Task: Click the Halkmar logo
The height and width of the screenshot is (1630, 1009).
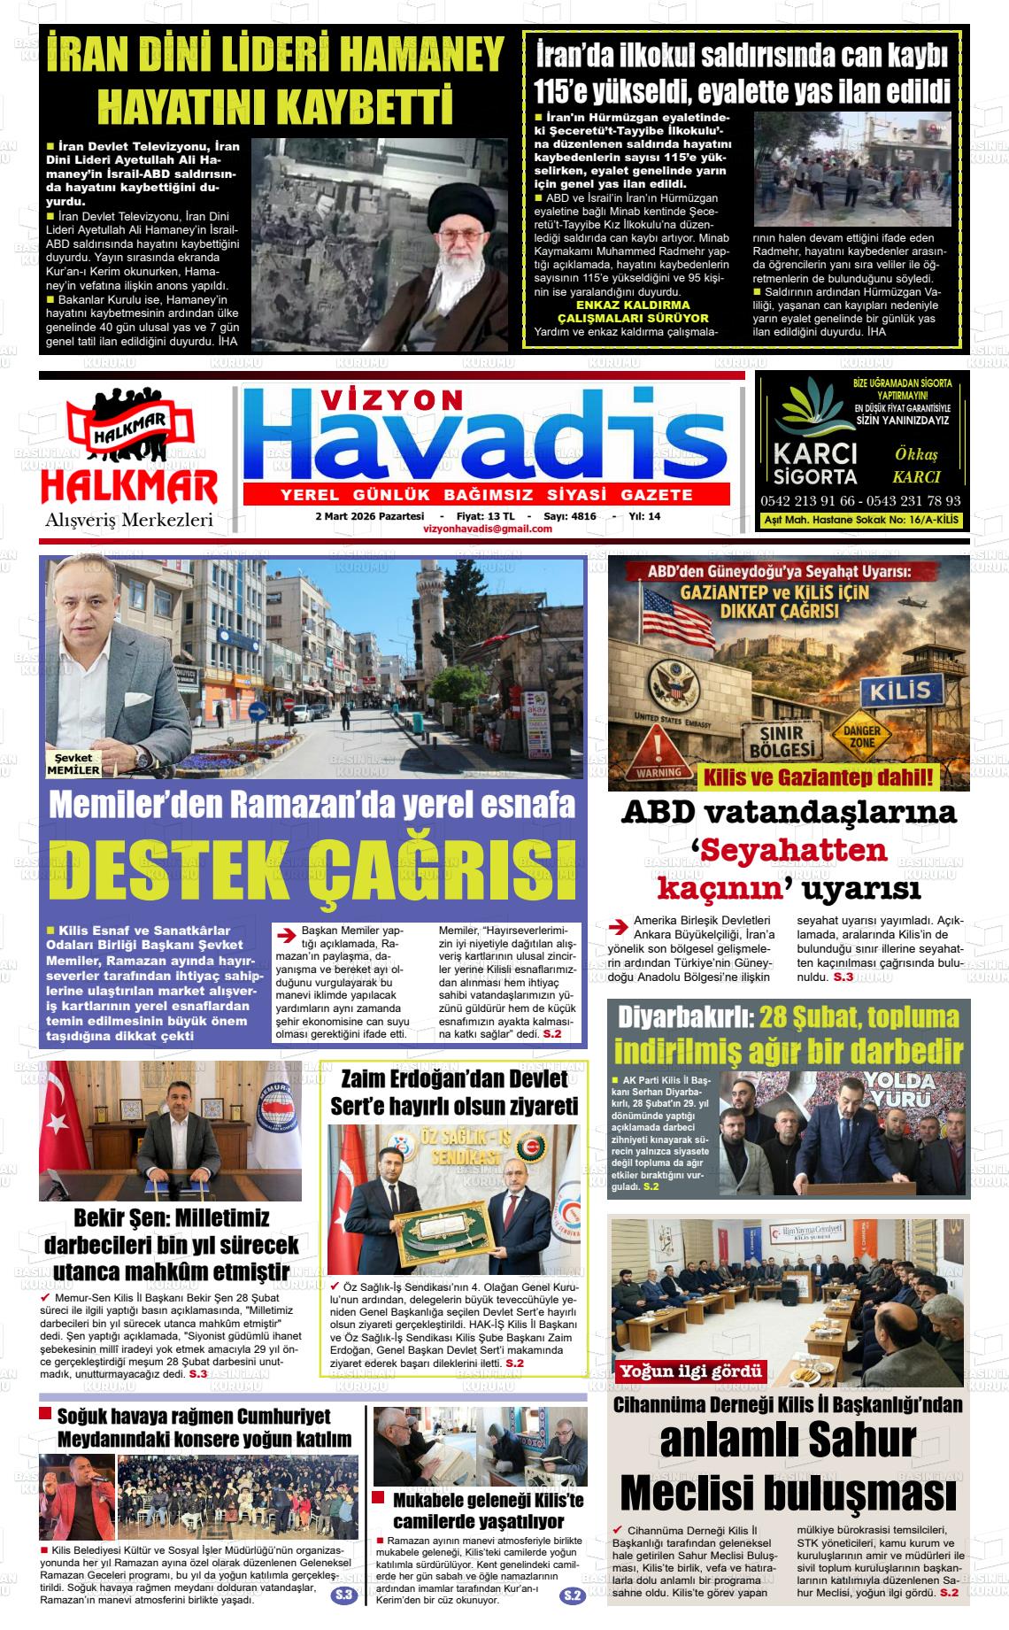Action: (129, 456)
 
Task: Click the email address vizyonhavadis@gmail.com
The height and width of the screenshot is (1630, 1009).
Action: (488, 529)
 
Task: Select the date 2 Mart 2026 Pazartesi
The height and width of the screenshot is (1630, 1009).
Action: (364, 516)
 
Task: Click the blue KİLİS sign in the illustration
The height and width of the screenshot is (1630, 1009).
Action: (900, 690)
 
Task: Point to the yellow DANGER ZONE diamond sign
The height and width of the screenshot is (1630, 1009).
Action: (861, 736)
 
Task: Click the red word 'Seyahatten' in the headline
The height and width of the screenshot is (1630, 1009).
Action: (789, 850)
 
